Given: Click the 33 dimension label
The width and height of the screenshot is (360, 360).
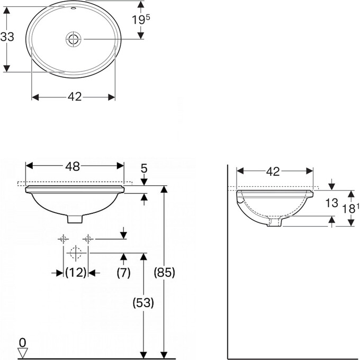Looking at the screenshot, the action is coord(7,37).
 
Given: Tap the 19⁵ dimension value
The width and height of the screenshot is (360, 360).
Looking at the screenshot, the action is coord(141,20).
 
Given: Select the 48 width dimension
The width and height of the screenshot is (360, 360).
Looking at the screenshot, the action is coord(73,166).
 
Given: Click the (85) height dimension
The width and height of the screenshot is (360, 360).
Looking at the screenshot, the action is coord(165,272).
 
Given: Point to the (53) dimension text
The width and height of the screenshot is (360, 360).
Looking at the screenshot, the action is coord(143,303).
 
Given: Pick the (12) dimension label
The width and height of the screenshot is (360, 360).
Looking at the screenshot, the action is coord(76,273).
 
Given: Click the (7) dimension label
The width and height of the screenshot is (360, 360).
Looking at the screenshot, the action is coord(123,273).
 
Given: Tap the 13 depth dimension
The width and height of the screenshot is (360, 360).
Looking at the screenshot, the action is coord(332,203).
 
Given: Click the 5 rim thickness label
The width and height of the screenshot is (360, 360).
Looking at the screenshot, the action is coord(143,169).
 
